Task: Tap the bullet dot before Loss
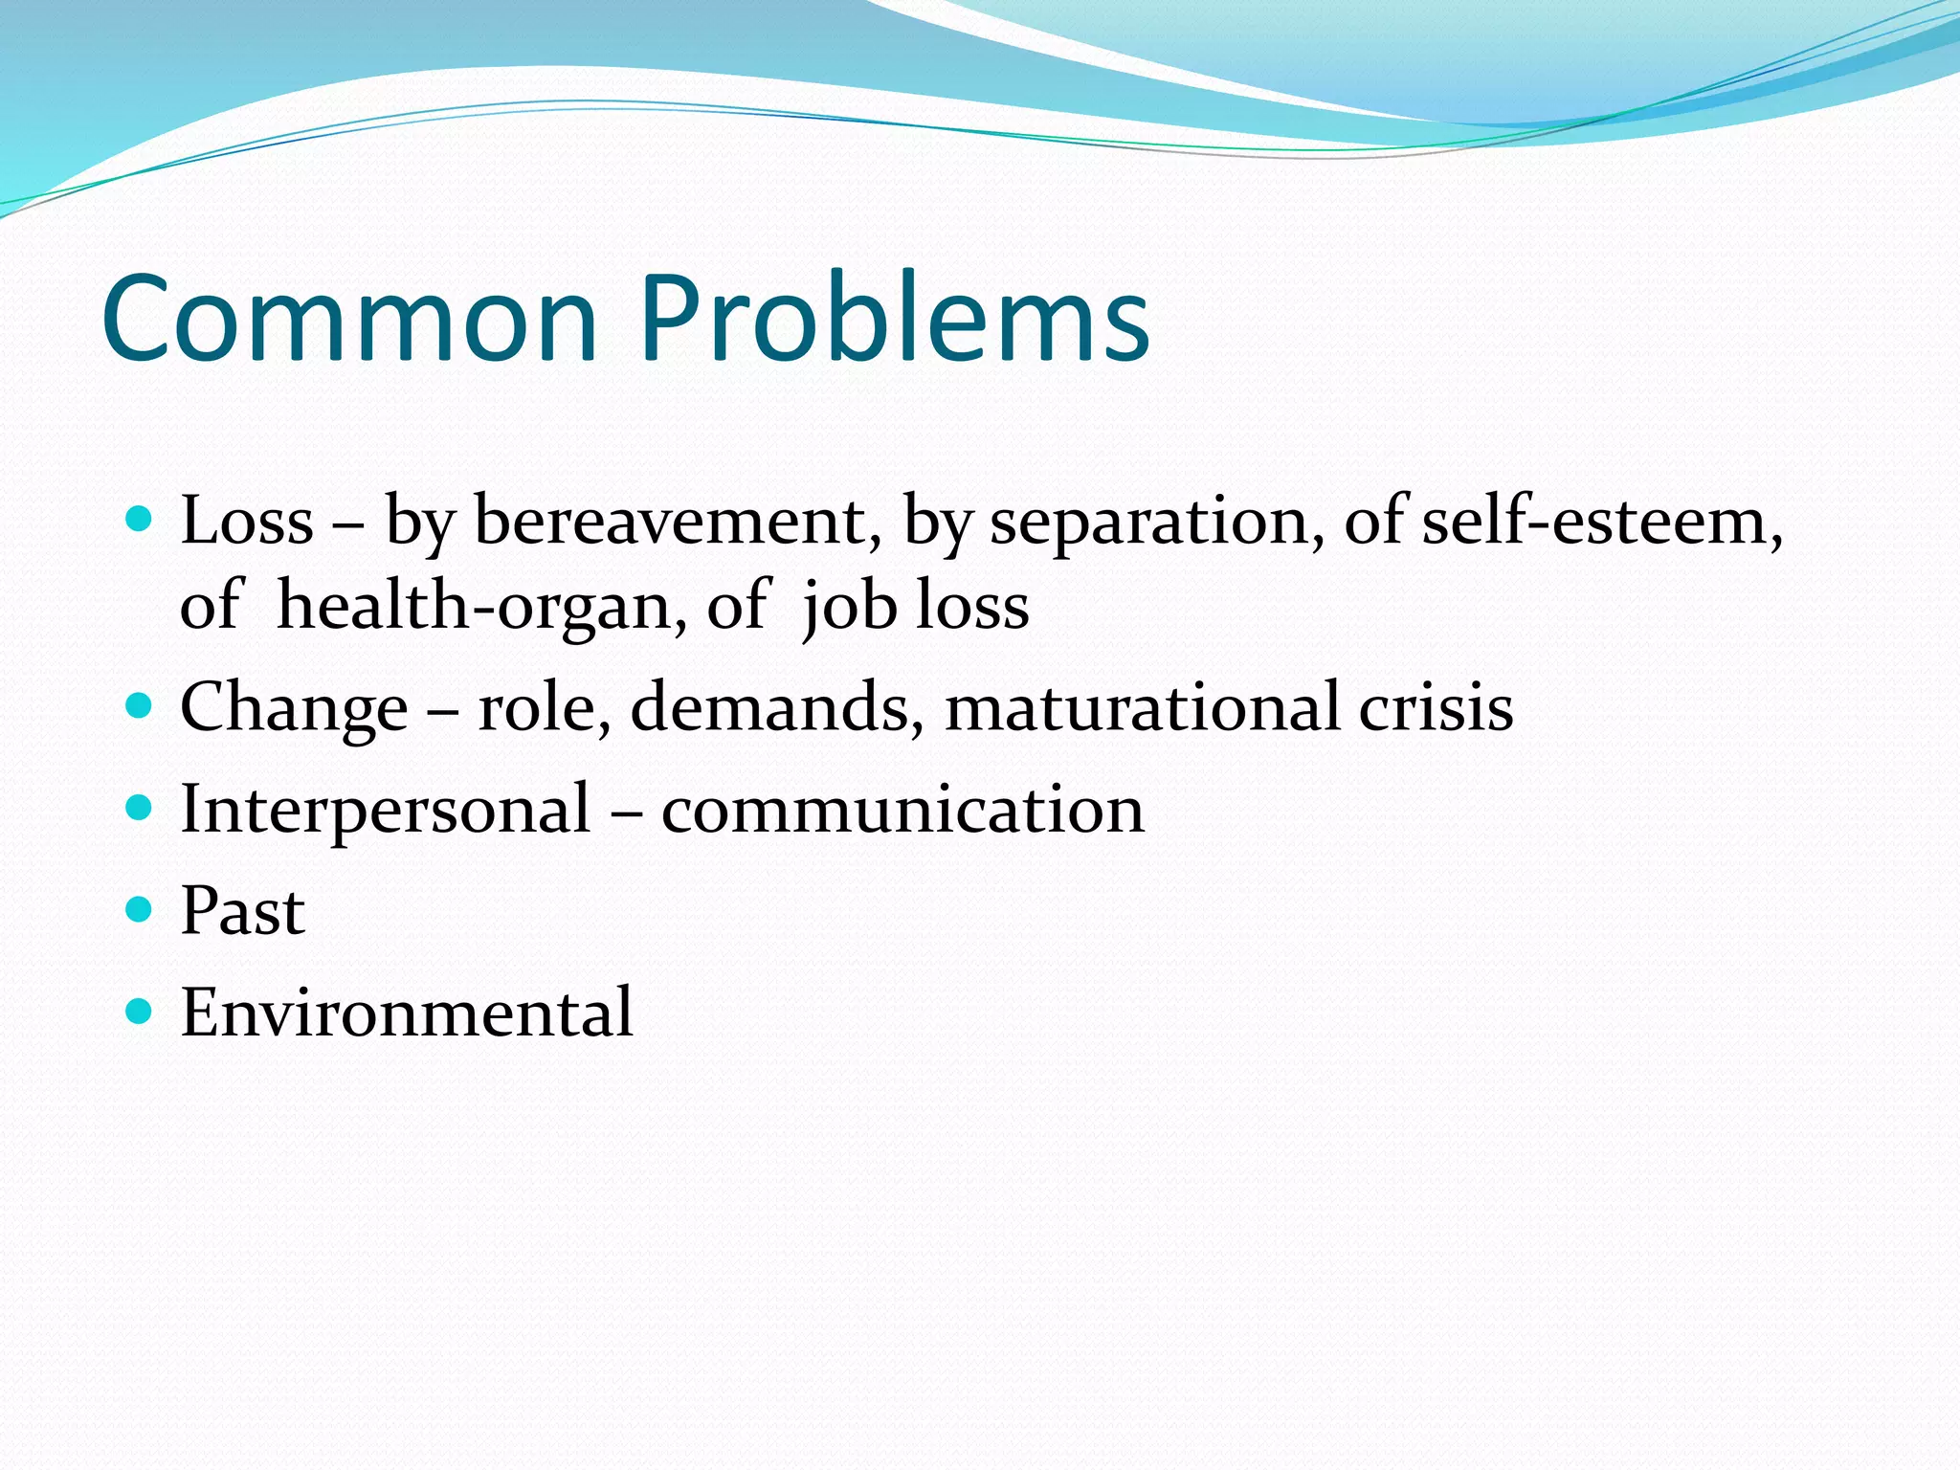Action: pyautogui.click(x=140, y=520)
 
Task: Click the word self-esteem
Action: pyautogui.click(x=1600, y=523)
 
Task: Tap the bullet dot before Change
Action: pyautogui.click(x=140, y=706)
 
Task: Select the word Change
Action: pyautogui.click(x=294, y=709)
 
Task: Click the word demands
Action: pyautogui.click(x=776, y=707)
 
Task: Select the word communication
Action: pyautogui.click(x=902, y=810)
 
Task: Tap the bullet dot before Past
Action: pyautogui.click(x=140, y=908)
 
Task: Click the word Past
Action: pyautogui.click(x=243, y=910)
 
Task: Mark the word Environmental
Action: pyautogui.click(x=407, y=1012)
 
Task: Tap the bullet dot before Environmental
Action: pyautogui.click(x=140, y=1011)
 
